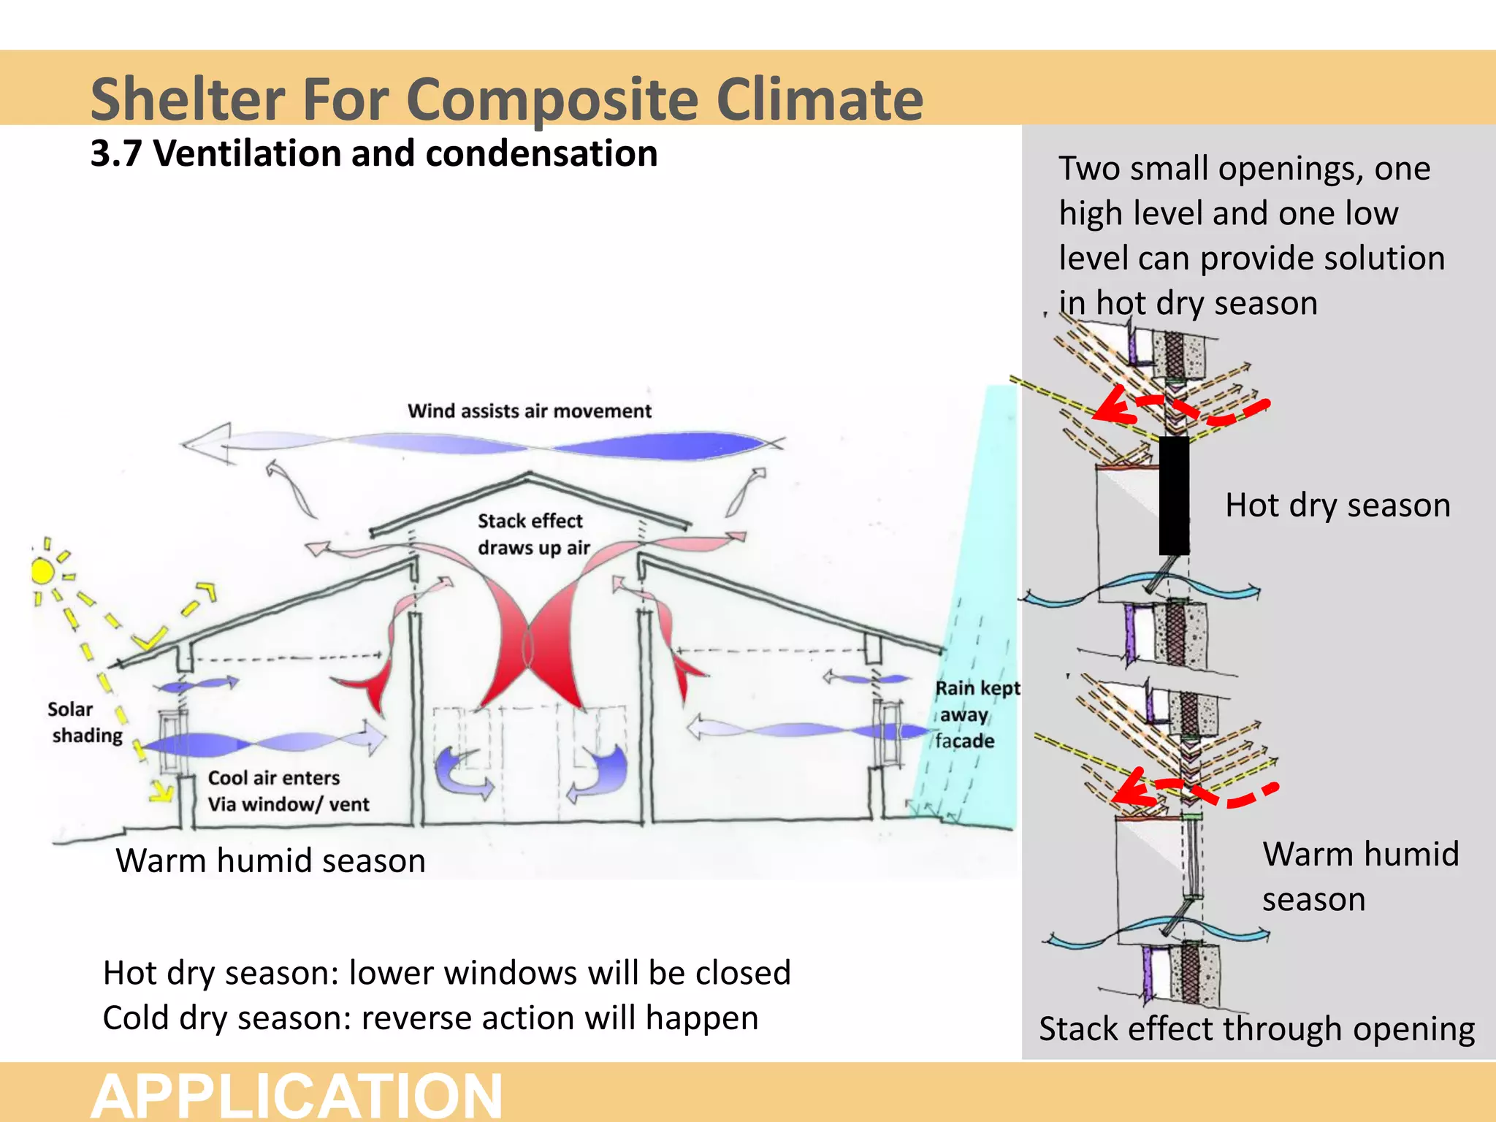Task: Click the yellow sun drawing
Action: click(43, 570)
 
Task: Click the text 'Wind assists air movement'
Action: click(529, 411)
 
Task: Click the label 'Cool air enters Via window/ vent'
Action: click(288, 790)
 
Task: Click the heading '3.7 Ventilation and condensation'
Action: click(373, 154)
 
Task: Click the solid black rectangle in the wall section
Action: click(1174, 495)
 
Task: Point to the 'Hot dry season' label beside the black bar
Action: click(1337, 505)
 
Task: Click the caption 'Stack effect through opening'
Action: click(1256, 1028)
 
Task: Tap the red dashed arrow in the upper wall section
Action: click(1176, 409)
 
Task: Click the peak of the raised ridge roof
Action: click(529, 476)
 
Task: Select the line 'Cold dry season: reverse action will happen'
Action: click(430, 1018)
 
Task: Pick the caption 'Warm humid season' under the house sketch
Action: click(270, 860)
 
